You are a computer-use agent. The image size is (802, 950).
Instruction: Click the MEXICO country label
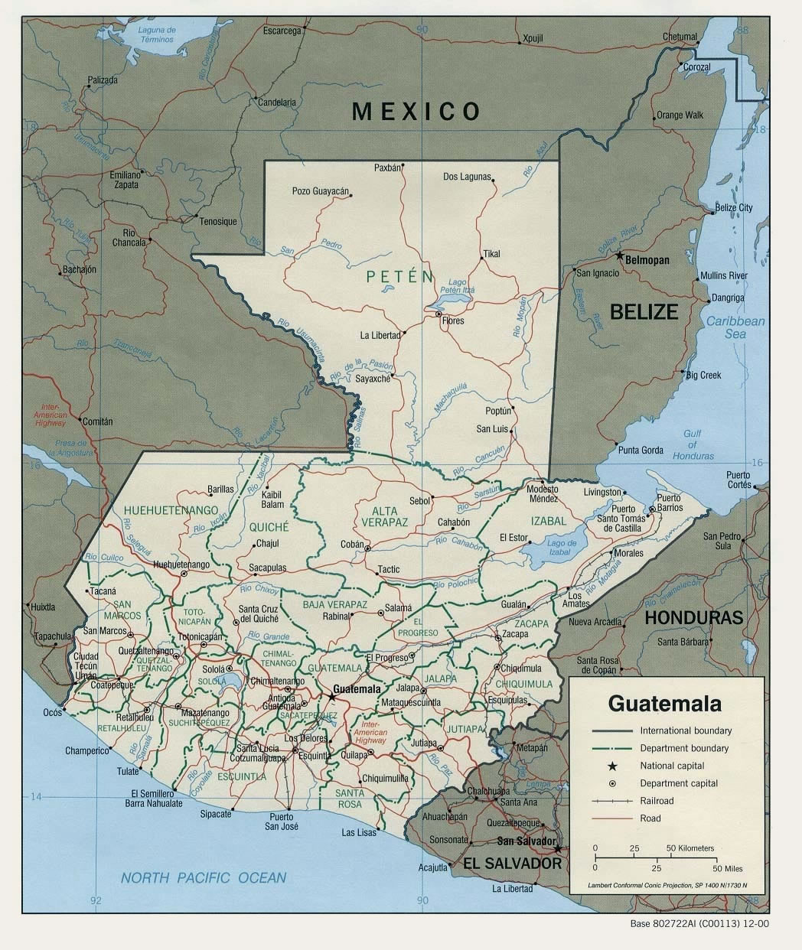coord(416,112)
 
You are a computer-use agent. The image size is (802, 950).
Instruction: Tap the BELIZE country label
coord(644,311)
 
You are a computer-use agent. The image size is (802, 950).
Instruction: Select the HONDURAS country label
coord(693,617)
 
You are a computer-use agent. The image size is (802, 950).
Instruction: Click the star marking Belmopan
coord(620,255)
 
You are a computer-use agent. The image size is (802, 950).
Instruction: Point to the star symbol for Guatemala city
coord(331,697)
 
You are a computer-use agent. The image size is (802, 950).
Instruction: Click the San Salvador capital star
coord(558,848)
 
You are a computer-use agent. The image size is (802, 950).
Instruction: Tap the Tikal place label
coord(491,254)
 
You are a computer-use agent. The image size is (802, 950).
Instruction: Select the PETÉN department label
coord(399,277)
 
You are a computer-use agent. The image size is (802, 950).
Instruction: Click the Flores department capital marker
coord(438,314)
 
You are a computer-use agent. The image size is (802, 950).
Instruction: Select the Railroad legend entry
coord(657,801)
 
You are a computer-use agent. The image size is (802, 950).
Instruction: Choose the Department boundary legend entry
coord(684,748)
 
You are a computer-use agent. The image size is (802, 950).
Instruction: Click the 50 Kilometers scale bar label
coord(690,848)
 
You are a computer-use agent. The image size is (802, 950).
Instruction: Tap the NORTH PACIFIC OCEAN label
coord(204,878)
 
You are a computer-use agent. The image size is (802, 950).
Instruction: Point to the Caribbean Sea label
coord(735,328)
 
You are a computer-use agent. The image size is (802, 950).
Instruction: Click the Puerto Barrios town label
coord(669,503)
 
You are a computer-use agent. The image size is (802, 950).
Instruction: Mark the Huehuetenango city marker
coord(184,573)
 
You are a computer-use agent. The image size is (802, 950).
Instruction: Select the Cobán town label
coord(351,544)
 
